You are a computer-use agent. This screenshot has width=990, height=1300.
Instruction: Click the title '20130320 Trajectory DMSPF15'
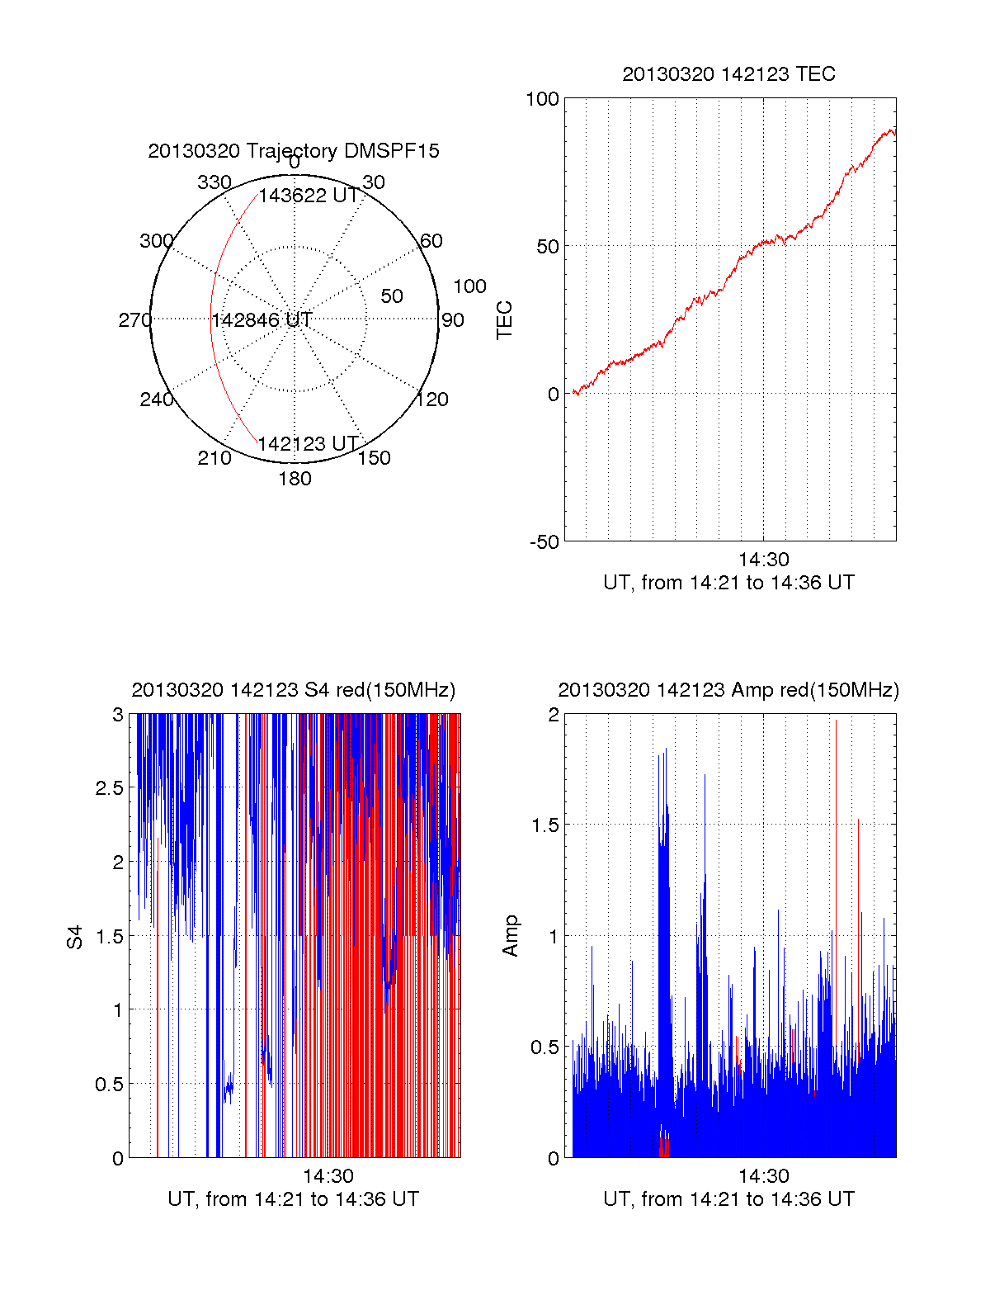pos(294,151)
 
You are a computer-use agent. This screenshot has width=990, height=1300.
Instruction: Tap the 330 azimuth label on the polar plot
pos(214,182)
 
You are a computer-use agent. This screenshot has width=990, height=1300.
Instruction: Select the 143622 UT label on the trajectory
pos(309,196)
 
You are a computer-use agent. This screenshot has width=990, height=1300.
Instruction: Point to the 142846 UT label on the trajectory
pos(262,320)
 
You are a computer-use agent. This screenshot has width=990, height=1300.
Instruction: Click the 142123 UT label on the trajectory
pos(308,444)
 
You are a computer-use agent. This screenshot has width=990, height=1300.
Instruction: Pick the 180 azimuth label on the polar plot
pos(295,479)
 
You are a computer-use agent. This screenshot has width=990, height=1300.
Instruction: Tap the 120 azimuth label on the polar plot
pos(432,400)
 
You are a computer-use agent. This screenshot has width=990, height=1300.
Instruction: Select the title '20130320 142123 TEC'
pos(728,74)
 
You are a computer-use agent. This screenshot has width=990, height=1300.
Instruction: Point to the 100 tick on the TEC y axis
pos(542,100)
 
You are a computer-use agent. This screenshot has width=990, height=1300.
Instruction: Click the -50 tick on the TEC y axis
pos(544,542)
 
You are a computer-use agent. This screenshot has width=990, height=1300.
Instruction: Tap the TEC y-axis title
pos(505,320)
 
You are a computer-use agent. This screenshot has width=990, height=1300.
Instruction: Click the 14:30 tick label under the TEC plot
pos(763,560)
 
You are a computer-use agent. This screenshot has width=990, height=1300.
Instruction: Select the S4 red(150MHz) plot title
pos(293,690)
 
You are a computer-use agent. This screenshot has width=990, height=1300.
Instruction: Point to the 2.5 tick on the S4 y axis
pos(110,788)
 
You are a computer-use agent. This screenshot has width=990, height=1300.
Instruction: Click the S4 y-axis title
pos(75,937)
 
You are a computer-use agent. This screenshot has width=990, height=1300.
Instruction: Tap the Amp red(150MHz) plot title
pos(728,690)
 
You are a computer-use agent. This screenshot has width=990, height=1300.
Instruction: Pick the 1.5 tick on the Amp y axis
pos(544,825)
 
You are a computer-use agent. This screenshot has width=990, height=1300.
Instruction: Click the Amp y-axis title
pos(511,936)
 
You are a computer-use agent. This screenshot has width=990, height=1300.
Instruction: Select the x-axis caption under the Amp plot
pos(728,1199)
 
